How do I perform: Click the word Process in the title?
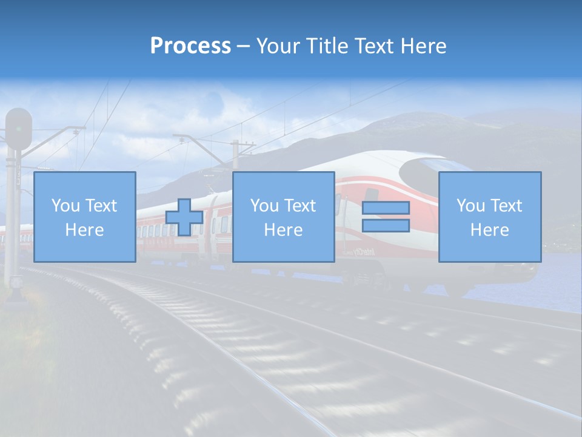190,46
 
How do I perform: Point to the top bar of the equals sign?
386,208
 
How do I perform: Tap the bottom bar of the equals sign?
386,226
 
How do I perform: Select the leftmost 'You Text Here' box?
85,217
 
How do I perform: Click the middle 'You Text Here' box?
283,217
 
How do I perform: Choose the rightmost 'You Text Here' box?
489,217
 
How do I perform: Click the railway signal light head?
19,129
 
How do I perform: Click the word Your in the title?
279,46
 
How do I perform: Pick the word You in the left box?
65,206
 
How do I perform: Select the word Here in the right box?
489,230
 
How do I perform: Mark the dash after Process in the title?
243,46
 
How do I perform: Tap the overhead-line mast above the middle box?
236,155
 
